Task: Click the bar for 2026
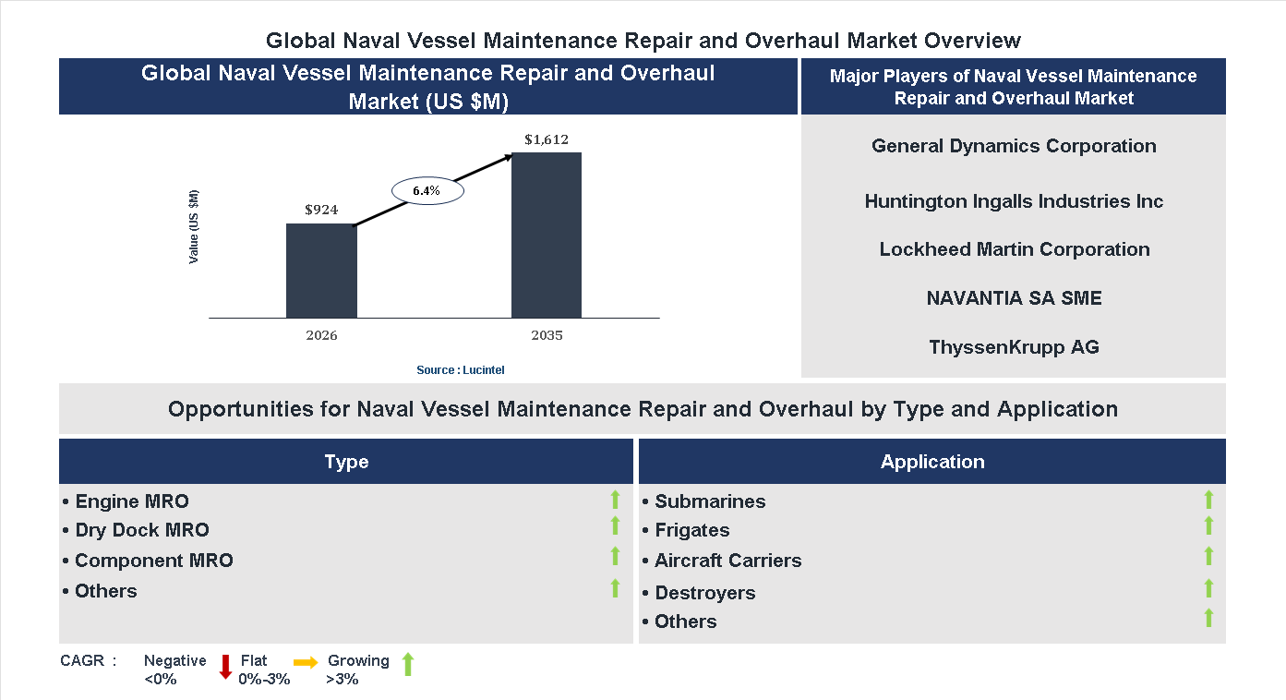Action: pyautogui.click(x=321, y=271)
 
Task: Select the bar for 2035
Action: pyautogui.click(x=547, y=235)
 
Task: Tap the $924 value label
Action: pyautogui.click(x=321, y=210)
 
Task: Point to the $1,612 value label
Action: pyautogui.click(x=547, y=139)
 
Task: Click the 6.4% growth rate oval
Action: pyautogui.click(x=427, y=190)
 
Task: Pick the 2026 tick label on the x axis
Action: pyautogui.click(x=321, y=335)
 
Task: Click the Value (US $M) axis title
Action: pyautogui.click(x=194, y=226)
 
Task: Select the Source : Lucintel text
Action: pyautogui.click(x=461, y=369)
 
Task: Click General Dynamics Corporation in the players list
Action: pyautogui.click(x=1014, y=146)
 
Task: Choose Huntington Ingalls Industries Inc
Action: pyautogui.click(x=1014, y=201)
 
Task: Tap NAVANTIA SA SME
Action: pyautogui.click(x=1014, y=298)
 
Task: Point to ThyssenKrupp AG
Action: pyautogui.click(x=1014, y=347)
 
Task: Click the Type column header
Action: pyautogui.click(x=346, y=462)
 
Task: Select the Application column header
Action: pyautogui.click(x=932, y=462)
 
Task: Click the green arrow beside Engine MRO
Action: pyautogui.click(x=615, y=501)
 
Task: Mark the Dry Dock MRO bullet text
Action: pyautogui.click(x=141, y=530)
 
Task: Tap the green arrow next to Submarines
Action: pyautogui.click(x=1208, y=501)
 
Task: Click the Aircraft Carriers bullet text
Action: pyautogui.click(x=727, y=561)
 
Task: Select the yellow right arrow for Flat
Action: pyautogui.click(x=306, y=662)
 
